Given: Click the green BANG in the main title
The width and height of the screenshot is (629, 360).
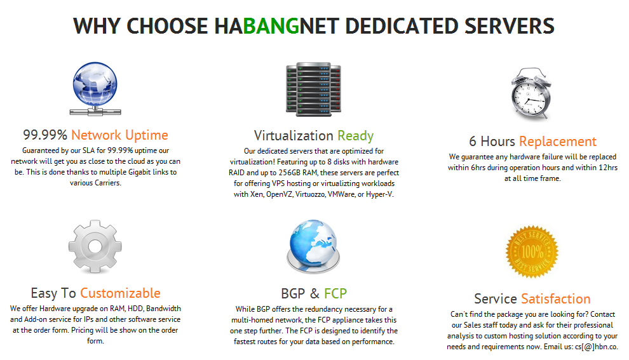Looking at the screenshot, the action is coord(271,26).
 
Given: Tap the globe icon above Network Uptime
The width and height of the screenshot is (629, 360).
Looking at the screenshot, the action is coord(95,89).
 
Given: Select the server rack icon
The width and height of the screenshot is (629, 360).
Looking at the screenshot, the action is coord(313,90).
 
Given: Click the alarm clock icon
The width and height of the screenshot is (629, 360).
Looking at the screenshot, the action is coord(531,93).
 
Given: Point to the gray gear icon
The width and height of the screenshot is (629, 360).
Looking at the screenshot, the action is coord(95,246).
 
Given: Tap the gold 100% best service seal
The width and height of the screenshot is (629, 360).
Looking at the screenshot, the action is coord(532,251).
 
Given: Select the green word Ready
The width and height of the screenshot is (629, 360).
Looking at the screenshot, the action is coord(355,136).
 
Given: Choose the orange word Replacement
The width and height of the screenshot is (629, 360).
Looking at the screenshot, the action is coord(558,142).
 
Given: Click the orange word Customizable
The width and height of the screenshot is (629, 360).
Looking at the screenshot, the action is coord(120,293).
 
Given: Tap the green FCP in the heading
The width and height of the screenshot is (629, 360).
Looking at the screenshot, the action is coord(335,293).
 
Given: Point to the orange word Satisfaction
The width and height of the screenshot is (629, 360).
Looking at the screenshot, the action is coord(555,298).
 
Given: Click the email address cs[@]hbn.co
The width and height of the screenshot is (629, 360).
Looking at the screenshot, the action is coord(597,347).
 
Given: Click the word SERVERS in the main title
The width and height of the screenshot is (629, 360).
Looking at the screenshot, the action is coord(510,26).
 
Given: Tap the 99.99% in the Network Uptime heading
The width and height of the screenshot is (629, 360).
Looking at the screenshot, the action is coord(45,135).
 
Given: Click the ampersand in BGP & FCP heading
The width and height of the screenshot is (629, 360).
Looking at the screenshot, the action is coord(314,293).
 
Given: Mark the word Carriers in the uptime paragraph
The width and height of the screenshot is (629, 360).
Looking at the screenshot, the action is coord(108,183).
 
